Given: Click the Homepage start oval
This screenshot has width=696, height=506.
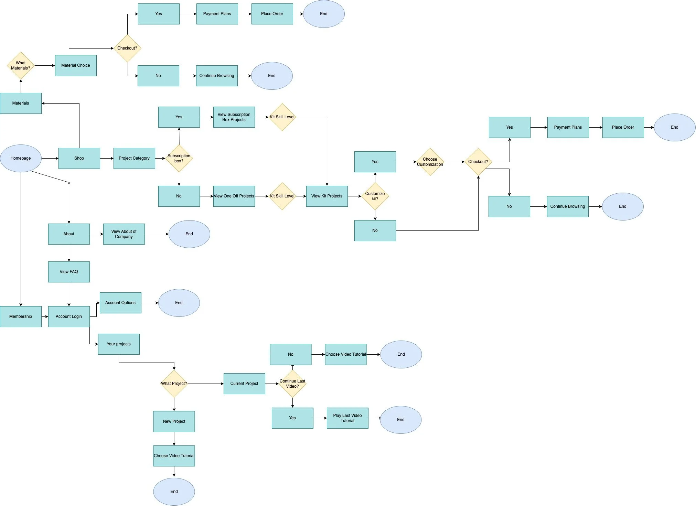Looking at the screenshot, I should click(21, 158).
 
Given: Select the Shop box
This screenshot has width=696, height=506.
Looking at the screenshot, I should click(79, 158).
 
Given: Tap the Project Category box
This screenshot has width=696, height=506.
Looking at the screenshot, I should click(134, 158).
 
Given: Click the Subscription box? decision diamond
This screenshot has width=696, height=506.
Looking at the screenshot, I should click(179, 158).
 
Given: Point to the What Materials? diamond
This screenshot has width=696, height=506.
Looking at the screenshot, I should click(21, 65).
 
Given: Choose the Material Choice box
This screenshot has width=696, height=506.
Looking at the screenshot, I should click(76, 65).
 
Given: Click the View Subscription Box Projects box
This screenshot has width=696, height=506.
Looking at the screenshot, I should click(234, 117).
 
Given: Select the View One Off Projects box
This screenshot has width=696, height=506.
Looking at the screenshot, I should click(234, 196).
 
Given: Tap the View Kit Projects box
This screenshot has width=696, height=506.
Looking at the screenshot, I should click(327, 196).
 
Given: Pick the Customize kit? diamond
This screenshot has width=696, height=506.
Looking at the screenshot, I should click(375, 196).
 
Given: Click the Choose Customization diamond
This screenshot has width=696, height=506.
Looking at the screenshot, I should click(430, 162).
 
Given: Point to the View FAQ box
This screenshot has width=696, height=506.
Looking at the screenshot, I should click(69, 272).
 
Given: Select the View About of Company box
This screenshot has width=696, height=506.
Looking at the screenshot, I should click(124, 234).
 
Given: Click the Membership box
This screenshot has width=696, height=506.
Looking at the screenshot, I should click(21, 316).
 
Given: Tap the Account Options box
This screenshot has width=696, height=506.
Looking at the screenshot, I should click(120, 303).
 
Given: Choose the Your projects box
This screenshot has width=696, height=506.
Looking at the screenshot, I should click(119, 344).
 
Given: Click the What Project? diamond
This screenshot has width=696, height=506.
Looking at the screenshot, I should click(174, 384).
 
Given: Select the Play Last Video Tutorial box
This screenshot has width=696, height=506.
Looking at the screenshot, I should click(347, 418).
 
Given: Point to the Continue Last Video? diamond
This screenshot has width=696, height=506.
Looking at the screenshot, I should click(292, 384).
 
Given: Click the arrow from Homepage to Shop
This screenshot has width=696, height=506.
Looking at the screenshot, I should click(50, 158).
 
